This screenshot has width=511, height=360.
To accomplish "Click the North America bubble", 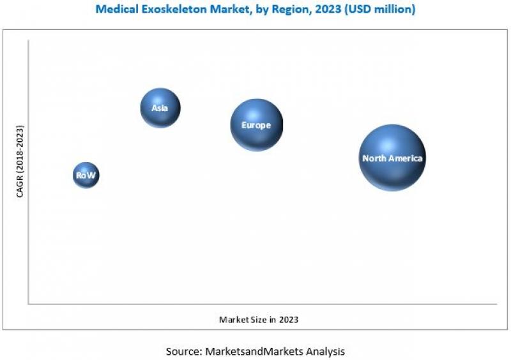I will click(x=392, y=158).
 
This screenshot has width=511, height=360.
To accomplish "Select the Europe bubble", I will click(x=256, y=125).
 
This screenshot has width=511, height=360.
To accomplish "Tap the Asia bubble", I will click(x=160, y=108).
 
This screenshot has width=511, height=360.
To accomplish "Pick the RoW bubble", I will click(x=86, y=175).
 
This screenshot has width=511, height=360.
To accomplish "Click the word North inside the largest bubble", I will click(x=374, y=158).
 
